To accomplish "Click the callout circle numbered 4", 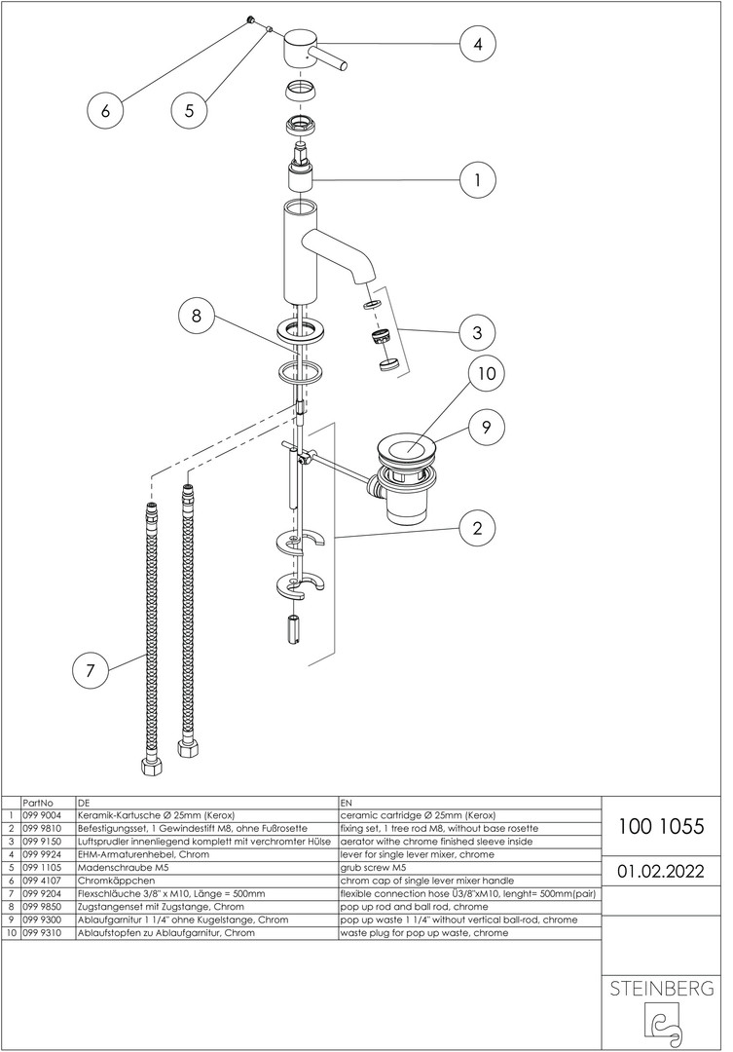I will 478,44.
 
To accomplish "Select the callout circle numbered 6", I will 105,110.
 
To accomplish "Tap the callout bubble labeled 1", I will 478,180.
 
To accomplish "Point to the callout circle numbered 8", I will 197,316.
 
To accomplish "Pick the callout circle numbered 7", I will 91,671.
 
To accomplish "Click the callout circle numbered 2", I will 478,529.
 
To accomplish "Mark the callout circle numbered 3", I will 478,332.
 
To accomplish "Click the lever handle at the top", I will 312,49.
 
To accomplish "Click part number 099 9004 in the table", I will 45,815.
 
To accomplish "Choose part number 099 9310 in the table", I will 45,932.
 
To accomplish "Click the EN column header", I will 348,803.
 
